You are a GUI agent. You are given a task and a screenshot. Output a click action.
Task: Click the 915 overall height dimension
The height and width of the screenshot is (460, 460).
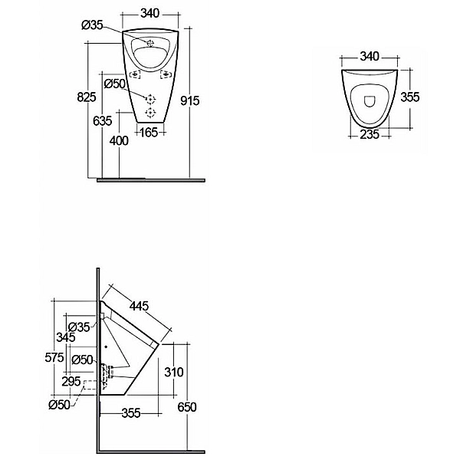pos(190,100)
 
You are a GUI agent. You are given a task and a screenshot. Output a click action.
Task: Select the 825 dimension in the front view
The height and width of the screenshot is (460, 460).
pos(87,97)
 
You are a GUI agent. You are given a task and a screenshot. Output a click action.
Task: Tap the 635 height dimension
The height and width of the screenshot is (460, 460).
pos(103,120)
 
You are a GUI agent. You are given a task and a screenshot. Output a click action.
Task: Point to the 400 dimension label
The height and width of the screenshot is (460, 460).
pos(119,141)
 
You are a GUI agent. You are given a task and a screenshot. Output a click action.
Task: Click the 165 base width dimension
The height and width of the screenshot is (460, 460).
pos(149,133)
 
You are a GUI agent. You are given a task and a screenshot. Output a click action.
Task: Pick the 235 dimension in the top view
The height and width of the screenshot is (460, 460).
pos(370,134)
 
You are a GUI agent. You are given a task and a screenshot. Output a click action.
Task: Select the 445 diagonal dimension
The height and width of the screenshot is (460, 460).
pos(140,306)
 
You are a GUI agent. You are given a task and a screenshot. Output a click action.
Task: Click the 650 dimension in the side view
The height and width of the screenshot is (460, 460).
pos(187,407)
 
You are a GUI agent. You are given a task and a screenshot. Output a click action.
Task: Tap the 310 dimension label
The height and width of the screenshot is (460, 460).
pos(174,372)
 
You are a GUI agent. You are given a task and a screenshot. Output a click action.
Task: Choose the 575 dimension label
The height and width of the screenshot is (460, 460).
pos(54,357)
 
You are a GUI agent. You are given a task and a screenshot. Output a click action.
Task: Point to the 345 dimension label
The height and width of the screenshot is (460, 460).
pos(66,337)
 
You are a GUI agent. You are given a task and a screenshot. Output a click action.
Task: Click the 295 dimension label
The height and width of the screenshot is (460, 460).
pos(71,381)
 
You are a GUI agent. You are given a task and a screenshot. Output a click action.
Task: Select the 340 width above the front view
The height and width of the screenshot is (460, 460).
pos(150,13)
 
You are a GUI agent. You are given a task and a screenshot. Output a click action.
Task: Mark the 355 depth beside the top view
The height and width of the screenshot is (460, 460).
pos(410,97)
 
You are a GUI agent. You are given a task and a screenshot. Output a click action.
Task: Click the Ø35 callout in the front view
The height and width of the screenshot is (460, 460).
pos(92,25)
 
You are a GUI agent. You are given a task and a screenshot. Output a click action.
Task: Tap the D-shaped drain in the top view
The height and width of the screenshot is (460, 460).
pos(370,101)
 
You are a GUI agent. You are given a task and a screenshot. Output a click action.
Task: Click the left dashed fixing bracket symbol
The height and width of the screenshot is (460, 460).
pos(135,74)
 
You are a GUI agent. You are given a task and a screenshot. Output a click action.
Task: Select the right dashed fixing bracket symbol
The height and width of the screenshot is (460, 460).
pos(166,74)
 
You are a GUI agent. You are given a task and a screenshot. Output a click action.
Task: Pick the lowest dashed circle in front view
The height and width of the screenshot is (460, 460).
pos(150,113)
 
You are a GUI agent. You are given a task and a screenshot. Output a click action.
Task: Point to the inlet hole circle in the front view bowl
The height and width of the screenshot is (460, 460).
pos(150,43)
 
